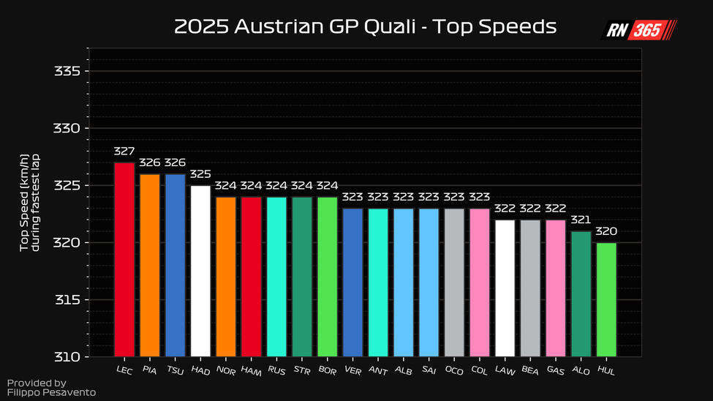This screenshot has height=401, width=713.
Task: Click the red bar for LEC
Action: click(x=124, y=260)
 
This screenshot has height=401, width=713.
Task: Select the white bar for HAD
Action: click(x=200, y=271)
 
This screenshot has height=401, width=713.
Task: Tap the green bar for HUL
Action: click(x=606, y=300)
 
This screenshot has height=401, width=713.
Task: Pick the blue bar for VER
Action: click(x=352, y=282)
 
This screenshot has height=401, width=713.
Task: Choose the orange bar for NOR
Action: click(x=226, y=277)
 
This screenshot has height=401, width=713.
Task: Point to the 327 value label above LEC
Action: click(x=124, y=151)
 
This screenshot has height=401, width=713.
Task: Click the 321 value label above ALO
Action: click(x=581, y=220)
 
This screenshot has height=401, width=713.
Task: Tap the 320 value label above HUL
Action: click(x=606, y=231)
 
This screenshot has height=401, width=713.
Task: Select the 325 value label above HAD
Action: click(x=200, y=174)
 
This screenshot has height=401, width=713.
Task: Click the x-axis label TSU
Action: click(x=174, y=370)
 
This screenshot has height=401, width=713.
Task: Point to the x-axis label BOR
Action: click(x=326, y=370)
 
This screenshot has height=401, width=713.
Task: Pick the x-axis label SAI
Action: click(x=428, y=370)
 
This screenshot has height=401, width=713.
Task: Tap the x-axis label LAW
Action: click(x=504, y=370)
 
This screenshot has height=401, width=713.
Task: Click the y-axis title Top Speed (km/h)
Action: click(x=29, y=204)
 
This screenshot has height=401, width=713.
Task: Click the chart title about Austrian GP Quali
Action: click(x=366, y=28)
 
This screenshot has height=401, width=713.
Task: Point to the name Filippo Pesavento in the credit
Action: click(x=51, y=393)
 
